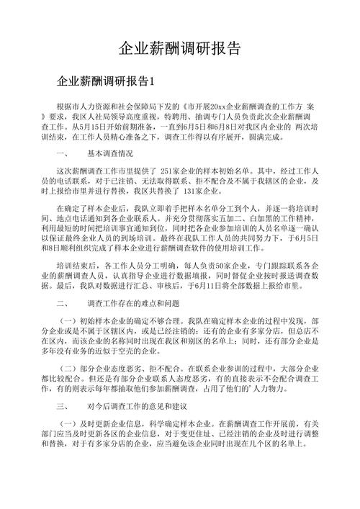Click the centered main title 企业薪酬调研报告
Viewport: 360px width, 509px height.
point(179,48)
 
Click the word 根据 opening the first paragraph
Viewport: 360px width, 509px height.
point(63,105)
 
